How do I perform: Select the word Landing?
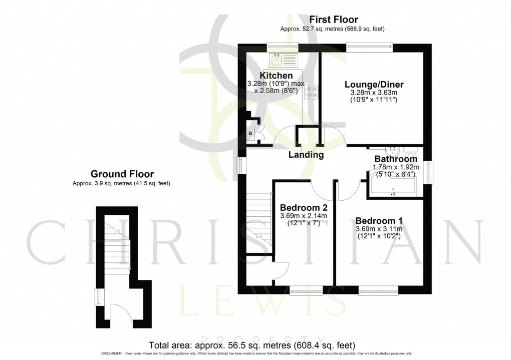(306, 155)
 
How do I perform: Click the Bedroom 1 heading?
(379, 220)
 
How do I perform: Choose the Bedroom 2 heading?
(304, 208)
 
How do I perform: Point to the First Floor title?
(333, 20)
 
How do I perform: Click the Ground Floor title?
(121, 174)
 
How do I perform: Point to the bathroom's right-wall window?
(430, 172)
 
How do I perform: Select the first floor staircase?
(259, 220)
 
